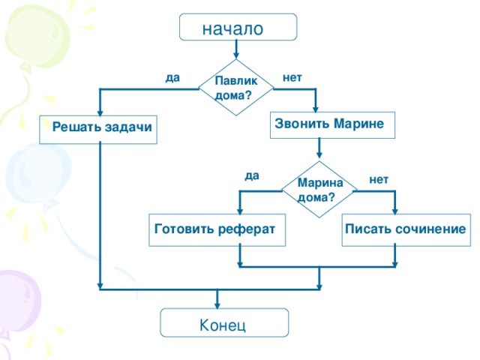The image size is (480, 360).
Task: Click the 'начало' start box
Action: (x=238, y=28)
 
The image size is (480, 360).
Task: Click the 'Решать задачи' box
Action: (x=98, y=129)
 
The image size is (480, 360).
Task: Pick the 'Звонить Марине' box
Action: (x=331, y=124)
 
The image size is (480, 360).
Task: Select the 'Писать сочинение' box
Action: (x=405, y=228)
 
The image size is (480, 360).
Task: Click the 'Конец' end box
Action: (x=223, y=325)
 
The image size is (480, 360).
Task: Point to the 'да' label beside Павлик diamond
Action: (x=172, y=76)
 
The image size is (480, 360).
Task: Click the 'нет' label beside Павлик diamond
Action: (x=292, y=76)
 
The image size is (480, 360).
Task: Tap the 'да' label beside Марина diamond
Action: (x=251, y=175)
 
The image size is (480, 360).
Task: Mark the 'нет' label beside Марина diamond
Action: (x=379, y=178)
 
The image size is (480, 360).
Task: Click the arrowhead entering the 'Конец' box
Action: (x=217, y=304)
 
